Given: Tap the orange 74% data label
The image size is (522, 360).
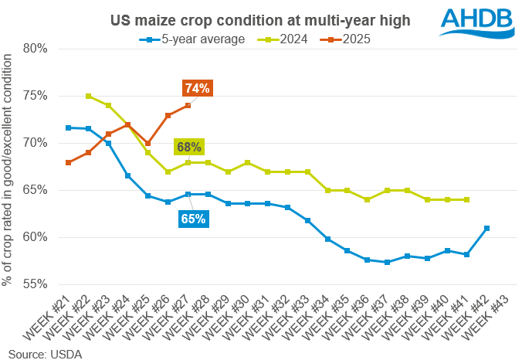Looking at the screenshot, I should coord(196,88).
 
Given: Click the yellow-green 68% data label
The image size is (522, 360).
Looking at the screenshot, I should coord(188,147).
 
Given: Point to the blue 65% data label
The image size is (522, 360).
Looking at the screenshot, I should coord(193,219).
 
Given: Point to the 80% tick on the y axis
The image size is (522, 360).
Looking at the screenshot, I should coord(36,49).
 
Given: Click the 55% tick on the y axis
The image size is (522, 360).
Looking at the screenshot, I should coord(36,284).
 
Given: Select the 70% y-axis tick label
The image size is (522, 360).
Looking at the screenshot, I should coord(36,143).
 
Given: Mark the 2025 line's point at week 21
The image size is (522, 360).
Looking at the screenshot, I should coord(69,162).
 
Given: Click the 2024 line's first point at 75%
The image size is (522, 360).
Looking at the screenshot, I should coord(89,97).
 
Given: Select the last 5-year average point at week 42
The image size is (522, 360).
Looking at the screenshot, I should coord(487,228).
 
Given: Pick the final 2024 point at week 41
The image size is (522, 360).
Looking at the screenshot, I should coord(467,199).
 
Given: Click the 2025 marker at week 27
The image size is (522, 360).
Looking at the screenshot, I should coord(188,106).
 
